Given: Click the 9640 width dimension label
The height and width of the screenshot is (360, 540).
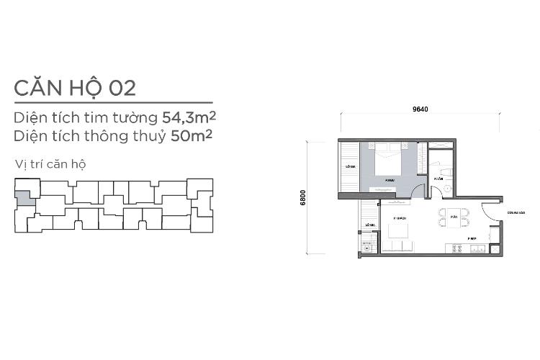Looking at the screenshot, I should point(420,109).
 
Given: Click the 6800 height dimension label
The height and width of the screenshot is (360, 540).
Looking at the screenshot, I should point(304,198).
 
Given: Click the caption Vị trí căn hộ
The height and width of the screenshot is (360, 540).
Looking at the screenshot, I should point(50,163).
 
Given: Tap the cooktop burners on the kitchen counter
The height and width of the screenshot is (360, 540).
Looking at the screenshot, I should point(456,248).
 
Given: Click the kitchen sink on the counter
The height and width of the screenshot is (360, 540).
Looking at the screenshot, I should point(477,248).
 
